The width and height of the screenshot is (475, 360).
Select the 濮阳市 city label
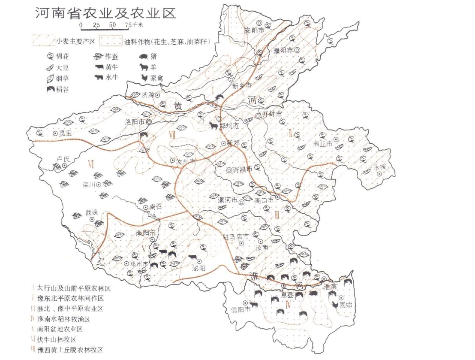point(283,51)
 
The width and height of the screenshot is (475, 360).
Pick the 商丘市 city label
point(323,145)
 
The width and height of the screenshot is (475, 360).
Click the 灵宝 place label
point(66,133)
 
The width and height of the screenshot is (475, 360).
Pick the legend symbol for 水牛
point(99,78)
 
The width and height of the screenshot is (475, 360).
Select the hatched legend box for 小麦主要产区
point(43,42)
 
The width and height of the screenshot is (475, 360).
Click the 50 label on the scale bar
point(112,25)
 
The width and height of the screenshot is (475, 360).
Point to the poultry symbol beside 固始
point(335,305)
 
